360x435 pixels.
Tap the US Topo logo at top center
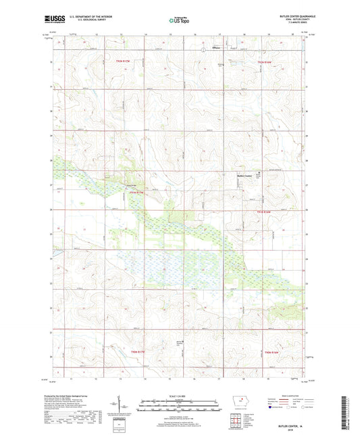(x=179, y=21)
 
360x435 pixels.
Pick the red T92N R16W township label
(x=266, y=62)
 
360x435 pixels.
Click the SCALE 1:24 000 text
(x=179, y=395)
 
